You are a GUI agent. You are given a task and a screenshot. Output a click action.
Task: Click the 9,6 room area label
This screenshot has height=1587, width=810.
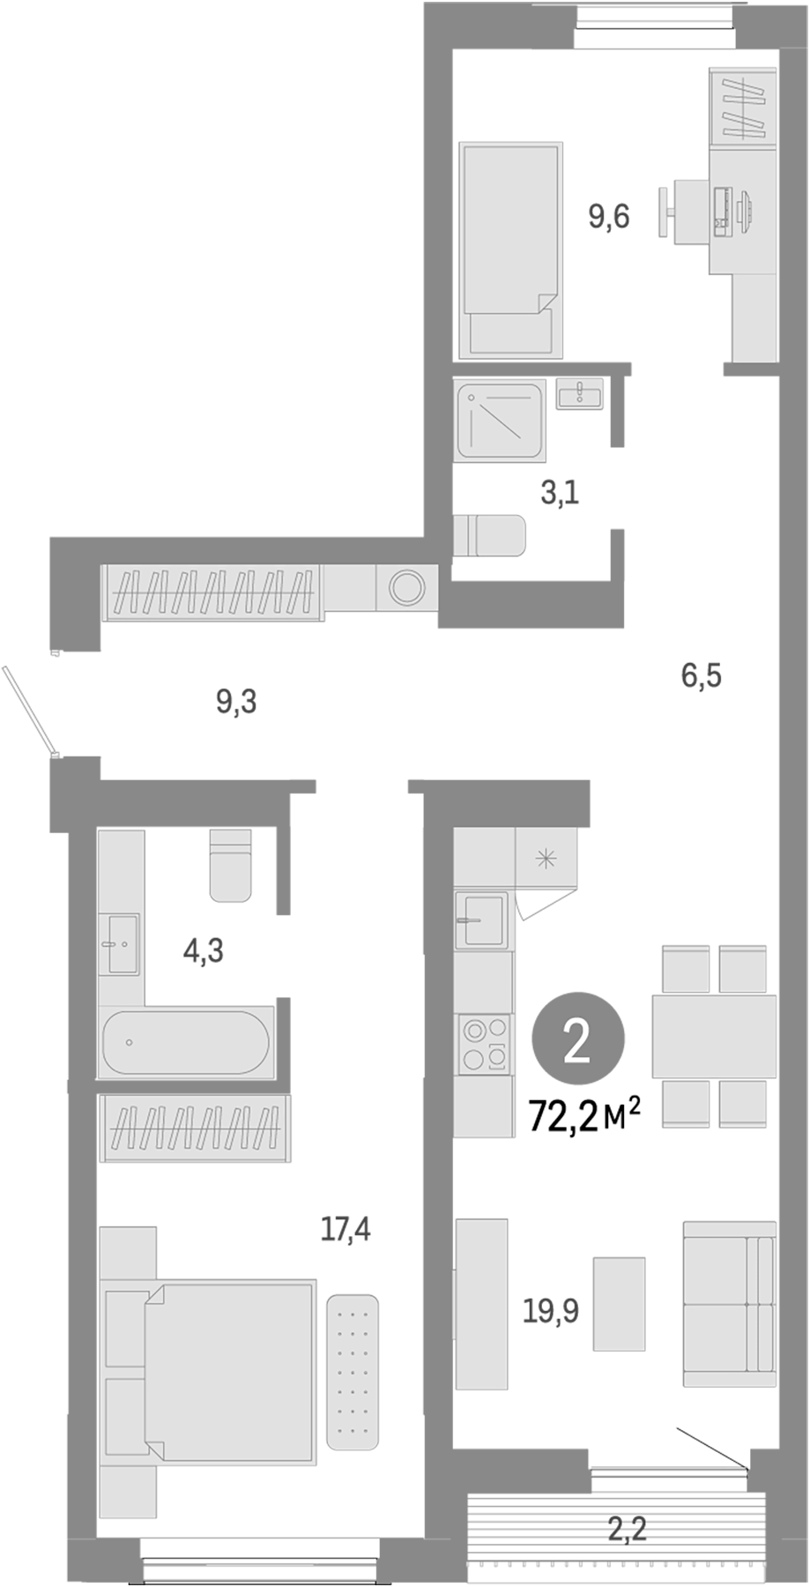pos(609,215)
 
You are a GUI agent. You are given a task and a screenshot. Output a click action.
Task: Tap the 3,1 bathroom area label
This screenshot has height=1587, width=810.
pos(560,493)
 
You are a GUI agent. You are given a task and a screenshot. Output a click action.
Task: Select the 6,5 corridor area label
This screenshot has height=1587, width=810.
pos(702,676)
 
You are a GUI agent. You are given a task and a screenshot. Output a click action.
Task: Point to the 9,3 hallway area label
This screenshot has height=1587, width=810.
pos(236,703)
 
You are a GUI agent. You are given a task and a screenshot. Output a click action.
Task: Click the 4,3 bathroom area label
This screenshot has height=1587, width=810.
pos(203,950)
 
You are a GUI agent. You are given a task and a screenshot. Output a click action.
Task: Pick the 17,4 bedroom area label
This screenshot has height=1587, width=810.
pos(346,1228)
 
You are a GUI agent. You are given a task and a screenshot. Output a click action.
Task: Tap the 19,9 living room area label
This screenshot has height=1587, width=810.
pos(551,1311)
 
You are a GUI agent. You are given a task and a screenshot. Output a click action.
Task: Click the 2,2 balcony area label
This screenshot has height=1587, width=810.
pos(627,1528)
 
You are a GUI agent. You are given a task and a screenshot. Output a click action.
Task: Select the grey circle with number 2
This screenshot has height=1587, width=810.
pos(578,1041)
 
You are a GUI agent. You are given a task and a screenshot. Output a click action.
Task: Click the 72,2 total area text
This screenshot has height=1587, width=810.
pos(583,1117)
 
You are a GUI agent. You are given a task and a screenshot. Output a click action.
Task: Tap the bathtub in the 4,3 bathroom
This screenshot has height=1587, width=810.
pos(185,1042)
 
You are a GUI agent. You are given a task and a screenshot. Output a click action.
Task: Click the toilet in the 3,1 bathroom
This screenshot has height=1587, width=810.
pos(489,535)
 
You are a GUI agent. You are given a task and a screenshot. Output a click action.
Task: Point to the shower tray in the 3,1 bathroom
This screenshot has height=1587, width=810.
pos(500,420)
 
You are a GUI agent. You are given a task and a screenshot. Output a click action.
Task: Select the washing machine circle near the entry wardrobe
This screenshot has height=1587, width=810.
pos(407,587)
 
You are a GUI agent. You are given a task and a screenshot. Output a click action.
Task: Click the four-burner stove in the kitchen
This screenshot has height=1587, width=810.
pos(484,1045)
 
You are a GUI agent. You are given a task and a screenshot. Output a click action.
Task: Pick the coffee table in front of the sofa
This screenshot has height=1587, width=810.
pos(619,1302)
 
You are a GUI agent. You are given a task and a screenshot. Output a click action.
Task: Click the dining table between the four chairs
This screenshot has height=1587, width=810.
pos(714,1036)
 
